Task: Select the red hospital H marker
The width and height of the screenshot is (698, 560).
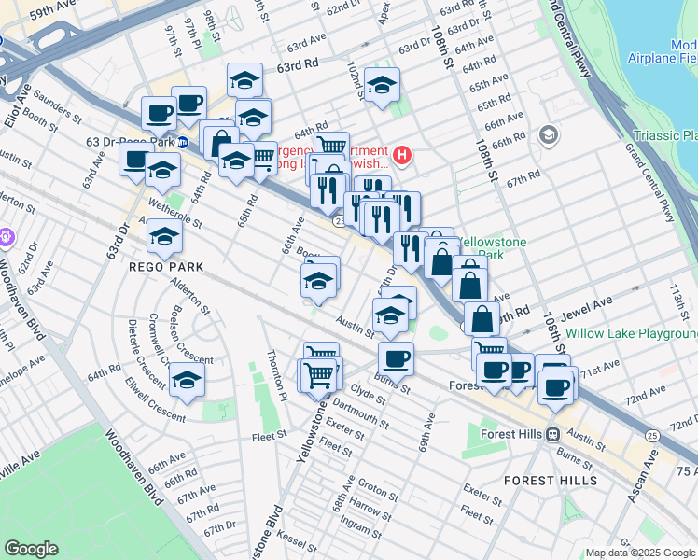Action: click(402, 154)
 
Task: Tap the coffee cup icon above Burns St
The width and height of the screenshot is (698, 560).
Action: click(396, 357)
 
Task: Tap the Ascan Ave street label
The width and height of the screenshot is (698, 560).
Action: click(643, 476)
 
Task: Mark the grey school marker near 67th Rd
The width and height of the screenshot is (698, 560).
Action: click(549, 135)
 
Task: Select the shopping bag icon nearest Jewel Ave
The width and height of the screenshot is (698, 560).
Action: click(481, 318)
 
